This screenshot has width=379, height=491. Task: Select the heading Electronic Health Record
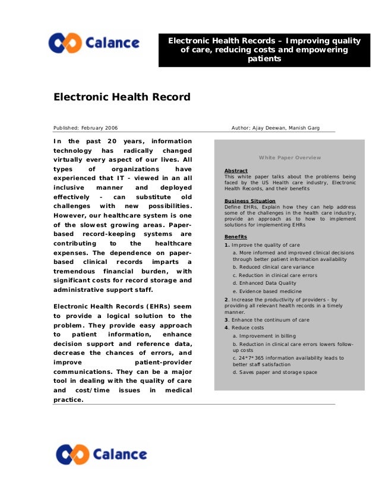coord(122,97)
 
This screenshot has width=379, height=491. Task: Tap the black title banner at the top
coord(264,50)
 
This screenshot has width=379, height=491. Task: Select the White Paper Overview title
coord(289,158)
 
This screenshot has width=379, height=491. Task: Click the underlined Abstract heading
coord(236,171)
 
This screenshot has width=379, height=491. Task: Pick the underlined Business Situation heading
coord(249,201)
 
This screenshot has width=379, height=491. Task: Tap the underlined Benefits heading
coord(236,237)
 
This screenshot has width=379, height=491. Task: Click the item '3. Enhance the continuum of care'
coord(267,320)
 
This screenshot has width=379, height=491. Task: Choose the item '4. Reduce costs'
coord(244,328)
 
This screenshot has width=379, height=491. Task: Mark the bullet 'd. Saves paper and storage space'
coord(274,372)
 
